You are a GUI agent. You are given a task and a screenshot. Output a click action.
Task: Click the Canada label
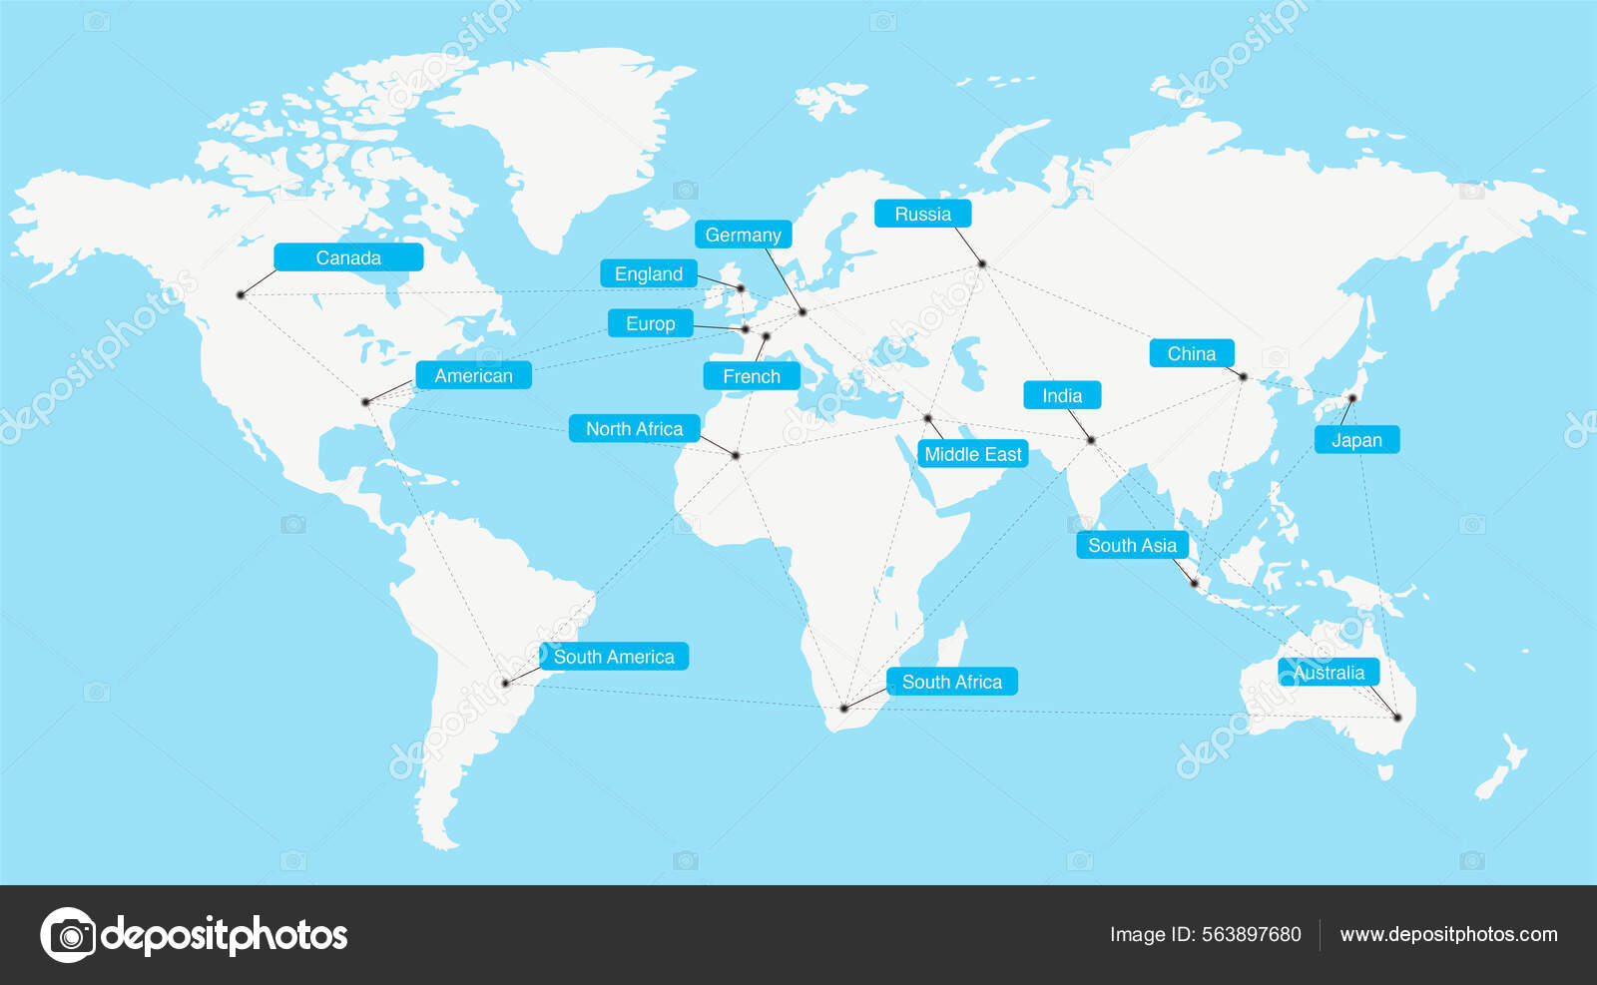(x=348, y=257)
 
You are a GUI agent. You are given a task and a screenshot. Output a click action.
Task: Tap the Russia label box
(x=922, y=214)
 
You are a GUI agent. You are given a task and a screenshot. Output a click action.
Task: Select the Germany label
(x=743, y=235)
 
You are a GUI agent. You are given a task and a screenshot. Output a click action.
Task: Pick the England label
(x=648, y=273)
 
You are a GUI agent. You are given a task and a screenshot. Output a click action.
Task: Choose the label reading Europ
(x=650, y=323)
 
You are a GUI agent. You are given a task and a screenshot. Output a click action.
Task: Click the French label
(x=751, y=376)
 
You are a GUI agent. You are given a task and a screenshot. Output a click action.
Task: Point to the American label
(x=473, y=375)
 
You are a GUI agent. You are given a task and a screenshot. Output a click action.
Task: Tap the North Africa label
(x=634, y=428)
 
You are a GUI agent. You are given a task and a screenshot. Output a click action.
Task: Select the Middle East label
(x=972, y=454)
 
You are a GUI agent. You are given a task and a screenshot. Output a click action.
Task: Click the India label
(x=1062, y=395)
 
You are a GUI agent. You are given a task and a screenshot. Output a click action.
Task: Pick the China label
(x=1191, y=353)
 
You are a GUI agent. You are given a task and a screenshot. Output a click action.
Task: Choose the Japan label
(x=1356, y=440)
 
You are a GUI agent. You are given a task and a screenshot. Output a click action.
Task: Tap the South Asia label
(x=1132, y=545)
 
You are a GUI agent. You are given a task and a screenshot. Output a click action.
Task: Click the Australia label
(x=1329, y=673)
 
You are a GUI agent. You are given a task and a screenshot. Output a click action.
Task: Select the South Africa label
(x=951, y=682)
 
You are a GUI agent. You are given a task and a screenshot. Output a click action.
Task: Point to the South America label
(x=614, y=657)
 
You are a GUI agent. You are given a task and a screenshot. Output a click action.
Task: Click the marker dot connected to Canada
(x=241, y=294)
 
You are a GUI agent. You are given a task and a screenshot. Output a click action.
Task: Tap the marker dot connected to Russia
(x=982, y=263)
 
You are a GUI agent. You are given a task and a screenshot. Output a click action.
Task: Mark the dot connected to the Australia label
(x=1397, y=717)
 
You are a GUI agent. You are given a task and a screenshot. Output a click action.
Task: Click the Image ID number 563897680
(x=1251, y=934)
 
